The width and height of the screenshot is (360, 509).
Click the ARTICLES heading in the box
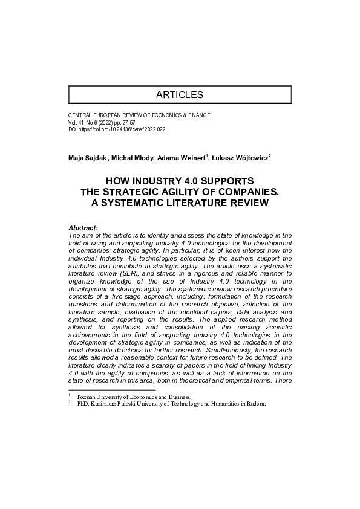180,95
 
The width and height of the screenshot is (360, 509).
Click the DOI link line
118,129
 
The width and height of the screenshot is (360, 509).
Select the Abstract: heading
83,228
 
